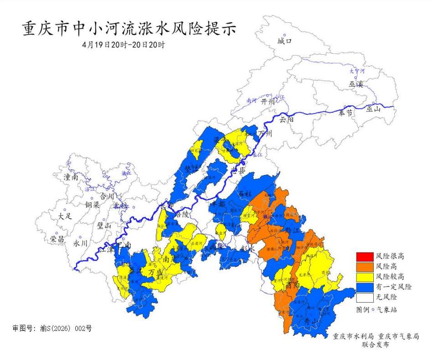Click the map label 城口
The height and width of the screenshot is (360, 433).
pyautogui.click(x=284, y=41)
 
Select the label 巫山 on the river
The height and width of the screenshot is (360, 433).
pyautogui.click(x=373, y=108)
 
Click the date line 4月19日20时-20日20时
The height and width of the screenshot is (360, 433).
pyautogui.click(x=123, y=45)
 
